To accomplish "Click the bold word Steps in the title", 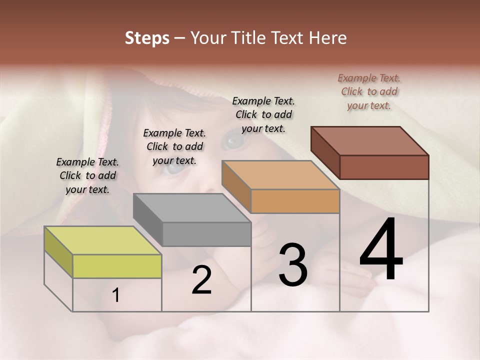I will point(147,38).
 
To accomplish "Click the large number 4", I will point(381,250).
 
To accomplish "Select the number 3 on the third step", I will point(293,265).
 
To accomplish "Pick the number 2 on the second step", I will point(201,280).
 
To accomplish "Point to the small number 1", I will point(116,295).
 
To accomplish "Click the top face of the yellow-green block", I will point(103,240).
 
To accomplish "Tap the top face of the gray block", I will point(192,207).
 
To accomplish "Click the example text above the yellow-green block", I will point(87,175).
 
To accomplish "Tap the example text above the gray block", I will point(174,146).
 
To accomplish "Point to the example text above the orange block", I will point(263,114).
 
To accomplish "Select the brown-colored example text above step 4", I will point(369,91).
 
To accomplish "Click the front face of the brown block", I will point(384,167).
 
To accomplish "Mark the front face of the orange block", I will point(295,201).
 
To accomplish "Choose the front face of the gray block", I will point(206,234).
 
